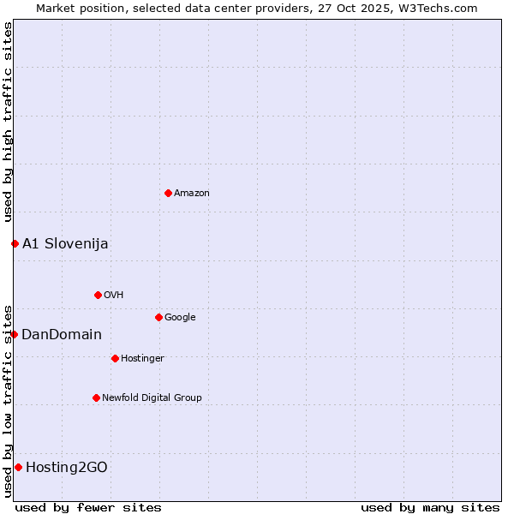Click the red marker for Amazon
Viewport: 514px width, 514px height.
click(168, 193)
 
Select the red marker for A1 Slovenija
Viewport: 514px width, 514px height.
click(15, 243)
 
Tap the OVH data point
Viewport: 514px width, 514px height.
click(98, 295)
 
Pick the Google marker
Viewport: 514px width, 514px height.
click(158, 317)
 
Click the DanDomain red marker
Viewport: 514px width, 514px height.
click(14, 334)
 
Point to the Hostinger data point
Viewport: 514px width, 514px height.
click(115, 358)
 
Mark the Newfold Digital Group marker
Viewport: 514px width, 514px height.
click(96, 397)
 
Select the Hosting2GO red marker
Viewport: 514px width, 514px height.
click(18, 467)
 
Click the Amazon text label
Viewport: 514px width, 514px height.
click(192, 194)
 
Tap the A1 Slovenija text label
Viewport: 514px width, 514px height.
click(65, 243)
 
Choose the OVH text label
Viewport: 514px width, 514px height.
click(114, 296)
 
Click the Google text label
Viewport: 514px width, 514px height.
click(180, 318)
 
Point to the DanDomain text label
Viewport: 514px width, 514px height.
click(62, 335)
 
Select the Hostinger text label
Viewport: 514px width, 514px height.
click(142, 359)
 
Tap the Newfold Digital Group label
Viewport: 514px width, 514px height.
click(152, 398)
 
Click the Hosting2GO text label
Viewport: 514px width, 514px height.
click(67, 468)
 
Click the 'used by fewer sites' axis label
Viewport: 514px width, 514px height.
click(88, 507)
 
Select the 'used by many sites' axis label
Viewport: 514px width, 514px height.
click(430, 507)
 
